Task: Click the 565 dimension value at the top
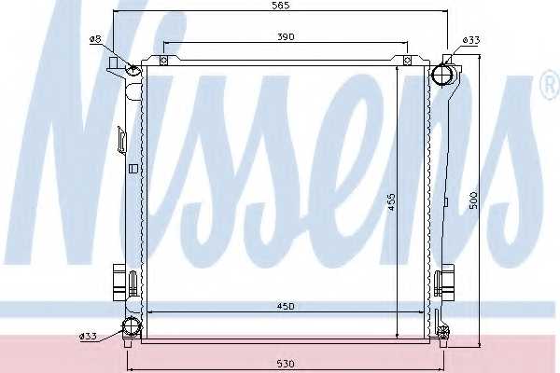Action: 281,6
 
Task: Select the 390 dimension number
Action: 286,36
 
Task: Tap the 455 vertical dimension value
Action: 392,201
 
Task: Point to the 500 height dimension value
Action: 473,200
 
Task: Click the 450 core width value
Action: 286,306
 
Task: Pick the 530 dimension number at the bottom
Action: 286,364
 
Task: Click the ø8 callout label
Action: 96,39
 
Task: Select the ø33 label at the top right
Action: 471,40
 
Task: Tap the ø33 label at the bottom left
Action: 88,336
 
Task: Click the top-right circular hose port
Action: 442,75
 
